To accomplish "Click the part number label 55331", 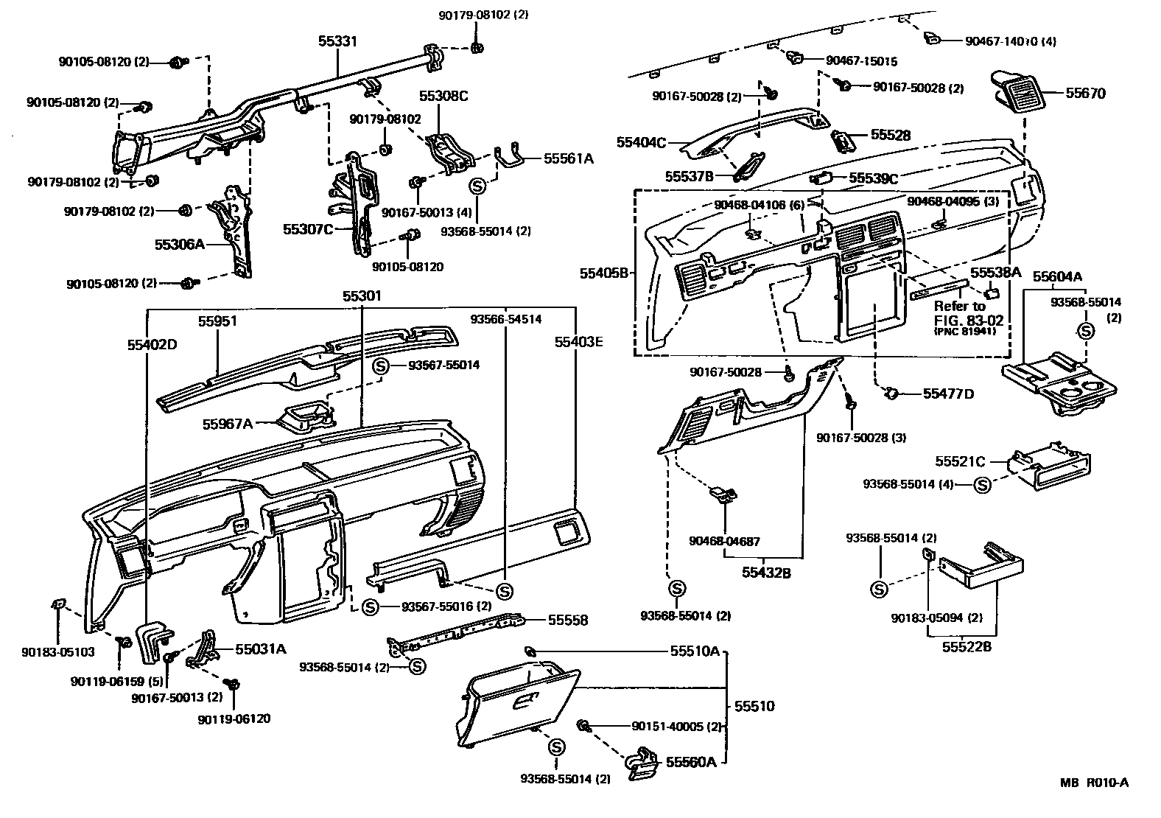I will pyautogui.click(x=337, y=41).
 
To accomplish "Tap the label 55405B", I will pyautogui.click(x=603, y=273).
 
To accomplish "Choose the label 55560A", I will pyautogui.click(x=691, y=761).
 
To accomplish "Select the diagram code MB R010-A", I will pyautogui.click(x=1094, y=783).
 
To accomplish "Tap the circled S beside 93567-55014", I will pyautogui.click(x=381, y=366).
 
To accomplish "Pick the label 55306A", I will pyautogui.click(x=179, y=243).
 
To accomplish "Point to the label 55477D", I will pyautogui.click(x=948, y=394).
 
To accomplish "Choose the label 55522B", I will pyautogui.click(x=967, y=647).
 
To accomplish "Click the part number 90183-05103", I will pyautogui.click(x=58, y=651).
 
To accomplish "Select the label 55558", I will pyautogui.click(x=567, y=621).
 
